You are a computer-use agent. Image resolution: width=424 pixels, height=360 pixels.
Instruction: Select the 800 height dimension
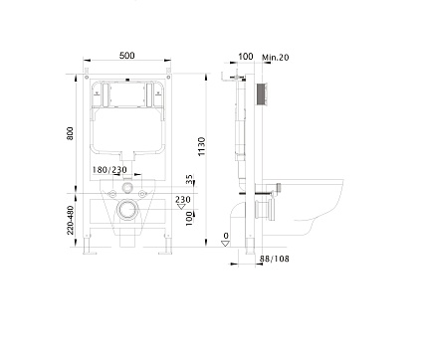pos(71,132)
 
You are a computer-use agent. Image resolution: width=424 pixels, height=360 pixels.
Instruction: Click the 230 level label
pos(182,199)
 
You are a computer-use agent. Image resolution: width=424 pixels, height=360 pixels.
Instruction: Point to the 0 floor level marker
pos(226,236)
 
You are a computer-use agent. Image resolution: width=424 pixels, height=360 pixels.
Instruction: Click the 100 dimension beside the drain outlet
pos(189,218)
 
